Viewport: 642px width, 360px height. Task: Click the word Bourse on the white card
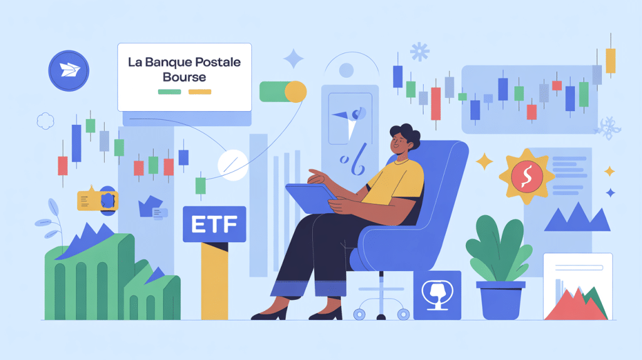(184, 78)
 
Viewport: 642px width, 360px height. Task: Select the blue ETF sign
(214, 225)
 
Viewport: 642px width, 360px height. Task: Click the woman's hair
(406, 134)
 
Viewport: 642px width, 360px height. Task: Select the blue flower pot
(500, 300)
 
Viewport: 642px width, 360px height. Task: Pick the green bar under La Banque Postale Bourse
(169, 92)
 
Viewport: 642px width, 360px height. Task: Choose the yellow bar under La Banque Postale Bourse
(200, 92)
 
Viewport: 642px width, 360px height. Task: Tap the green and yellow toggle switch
(283, 92)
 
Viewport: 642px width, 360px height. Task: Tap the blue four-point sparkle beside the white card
(293, 60)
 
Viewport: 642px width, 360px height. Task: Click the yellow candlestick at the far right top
(610, 60)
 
